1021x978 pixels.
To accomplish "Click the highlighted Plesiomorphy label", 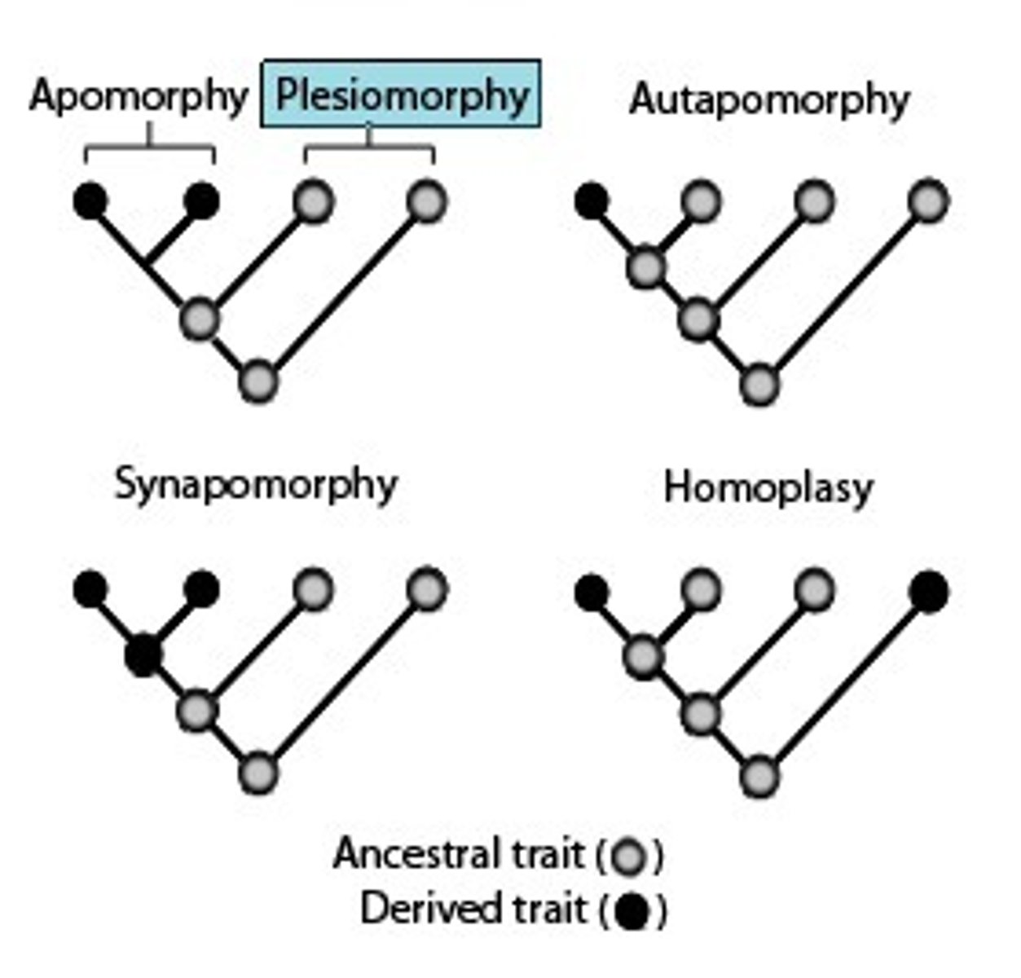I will click(x=401, y=95).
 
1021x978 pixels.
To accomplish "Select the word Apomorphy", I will click(x=139, y=97).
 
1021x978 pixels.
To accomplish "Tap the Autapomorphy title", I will click(x=768, y=100).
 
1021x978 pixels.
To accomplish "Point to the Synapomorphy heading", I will click(x=256, y=485).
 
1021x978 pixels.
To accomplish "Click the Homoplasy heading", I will click(x=768, y=488).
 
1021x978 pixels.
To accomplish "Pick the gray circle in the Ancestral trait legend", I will click(x=630, y=857).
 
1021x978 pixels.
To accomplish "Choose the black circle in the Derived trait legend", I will click(x=632, y=911).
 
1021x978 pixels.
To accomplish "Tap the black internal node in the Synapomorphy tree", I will click(x=143, y=654).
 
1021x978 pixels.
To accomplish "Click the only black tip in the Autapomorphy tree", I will click(x=591, y=200).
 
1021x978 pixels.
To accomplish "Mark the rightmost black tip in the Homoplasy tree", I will click(x=929, y=592).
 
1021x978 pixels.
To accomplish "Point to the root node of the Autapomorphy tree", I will click(x=759, y=385).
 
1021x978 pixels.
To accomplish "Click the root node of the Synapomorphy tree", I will click(x=258, y=773).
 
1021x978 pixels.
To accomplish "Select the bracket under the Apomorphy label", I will click(x=149, y=148).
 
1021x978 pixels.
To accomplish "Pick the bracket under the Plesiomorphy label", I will click(x=369, y=148).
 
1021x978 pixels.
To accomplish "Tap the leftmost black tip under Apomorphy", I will click(x=90, y=200).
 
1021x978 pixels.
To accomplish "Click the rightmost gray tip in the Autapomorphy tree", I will click(x=928, y=200).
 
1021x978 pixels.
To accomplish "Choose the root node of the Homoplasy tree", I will click(x=759, y=775).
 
